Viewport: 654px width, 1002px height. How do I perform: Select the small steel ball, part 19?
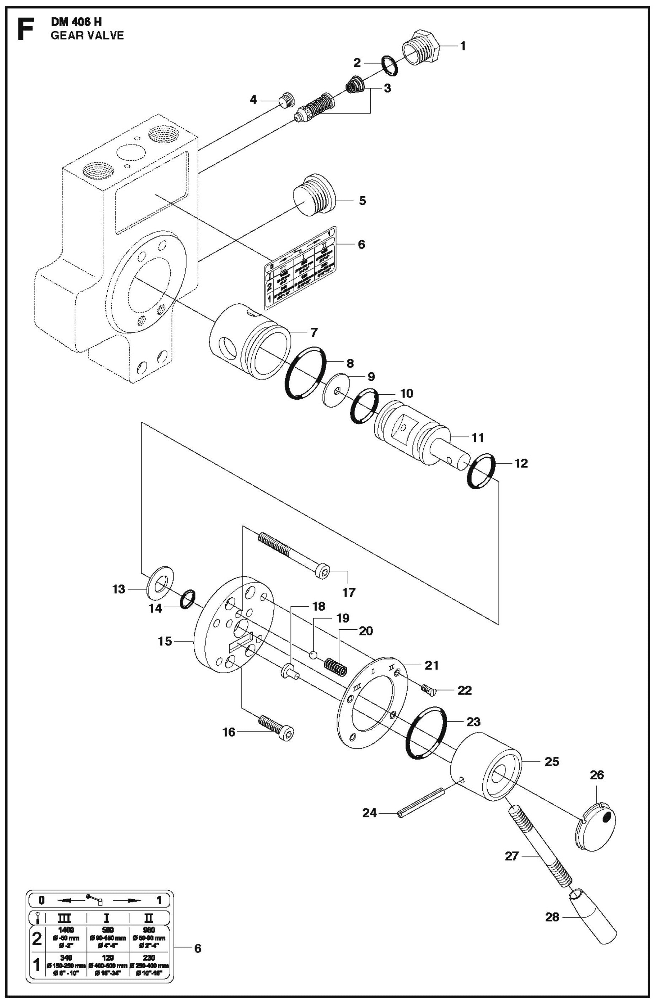click(x=313, y=655)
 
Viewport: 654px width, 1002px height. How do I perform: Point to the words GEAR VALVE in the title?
click(x=87, y=35)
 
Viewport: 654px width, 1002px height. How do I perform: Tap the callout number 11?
click(x=477, y=437)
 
